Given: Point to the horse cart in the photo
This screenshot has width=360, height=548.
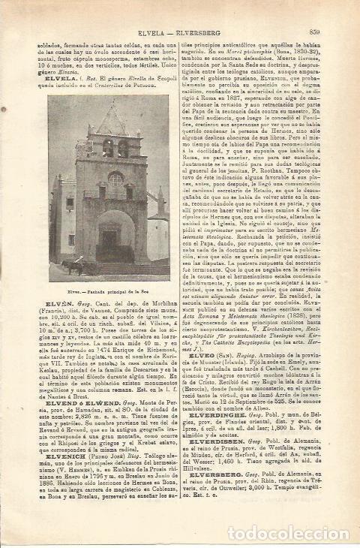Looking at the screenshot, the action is tap(74, 265).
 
